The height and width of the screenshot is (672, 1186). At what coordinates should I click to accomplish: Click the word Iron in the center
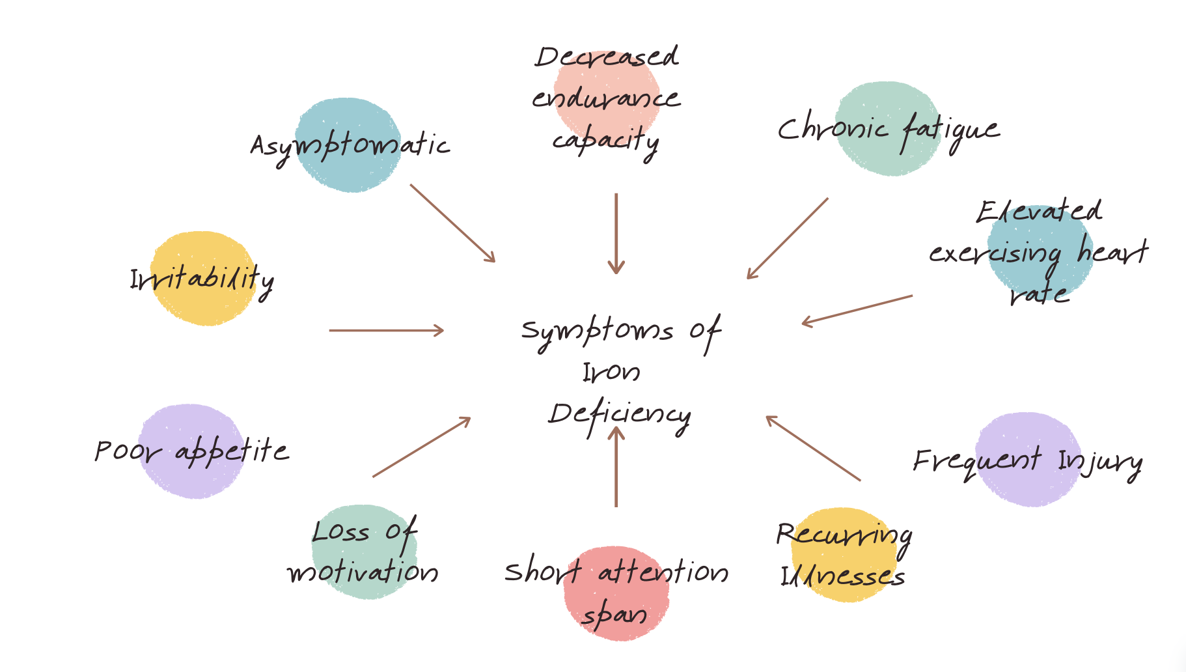(x=611, y=372)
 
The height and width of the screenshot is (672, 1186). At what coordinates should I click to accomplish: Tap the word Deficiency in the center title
(x=619, y=415)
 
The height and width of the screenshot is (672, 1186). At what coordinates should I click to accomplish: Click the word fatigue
(x=950, y=130)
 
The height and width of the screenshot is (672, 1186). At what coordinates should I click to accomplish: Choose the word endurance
(x=606, y=98)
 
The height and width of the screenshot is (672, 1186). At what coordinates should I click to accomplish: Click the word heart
(x=1112, y=251)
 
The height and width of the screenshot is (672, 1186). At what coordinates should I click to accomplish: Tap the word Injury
(x=1099, y=462)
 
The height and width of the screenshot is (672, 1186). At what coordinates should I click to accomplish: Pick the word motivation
(x=363, y=572)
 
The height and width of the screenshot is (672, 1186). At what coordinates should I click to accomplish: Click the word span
(x=614, y=615)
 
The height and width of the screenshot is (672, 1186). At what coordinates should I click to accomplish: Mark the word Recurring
(x=844, y=535)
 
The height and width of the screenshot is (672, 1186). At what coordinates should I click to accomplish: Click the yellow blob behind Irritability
(x=203, y=306)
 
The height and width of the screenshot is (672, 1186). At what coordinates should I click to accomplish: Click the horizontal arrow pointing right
(x=386, y=331)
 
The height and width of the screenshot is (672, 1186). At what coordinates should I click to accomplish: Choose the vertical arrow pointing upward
(x=616, y=466)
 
